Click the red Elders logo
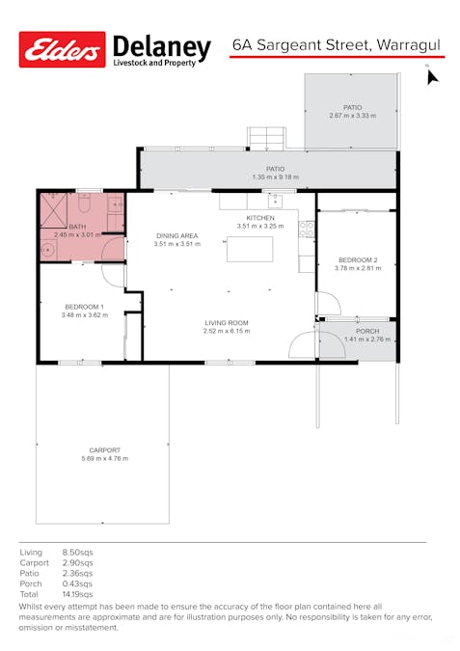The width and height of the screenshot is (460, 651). point(63,49)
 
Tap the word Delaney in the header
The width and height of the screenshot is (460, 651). point(162,47)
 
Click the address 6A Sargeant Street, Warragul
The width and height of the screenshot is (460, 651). point(337,44)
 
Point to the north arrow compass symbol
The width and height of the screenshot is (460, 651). point(432,76)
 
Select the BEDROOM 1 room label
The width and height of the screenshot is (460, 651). point(84,307)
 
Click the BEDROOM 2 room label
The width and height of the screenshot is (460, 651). point(358,259)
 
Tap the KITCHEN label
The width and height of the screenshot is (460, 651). point(260,218)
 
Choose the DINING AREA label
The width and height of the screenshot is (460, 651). point(177,236)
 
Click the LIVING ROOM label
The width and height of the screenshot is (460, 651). point(227,322)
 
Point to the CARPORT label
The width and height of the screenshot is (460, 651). point(104,450)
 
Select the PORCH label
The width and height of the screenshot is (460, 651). point(367,332)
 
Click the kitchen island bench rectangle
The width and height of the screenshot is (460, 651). point(250,249)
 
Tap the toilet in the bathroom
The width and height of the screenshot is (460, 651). point(84,203)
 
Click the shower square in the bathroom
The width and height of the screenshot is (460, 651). point(54,210)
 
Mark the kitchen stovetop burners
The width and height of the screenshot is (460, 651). point(307,230)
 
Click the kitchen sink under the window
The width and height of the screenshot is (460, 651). point(275,202)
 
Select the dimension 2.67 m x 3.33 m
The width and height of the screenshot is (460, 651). point(352,116)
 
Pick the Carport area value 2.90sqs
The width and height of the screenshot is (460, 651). point(78,563)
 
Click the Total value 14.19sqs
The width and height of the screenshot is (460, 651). point(78,594)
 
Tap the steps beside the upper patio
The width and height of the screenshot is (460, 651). point(266,138)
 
